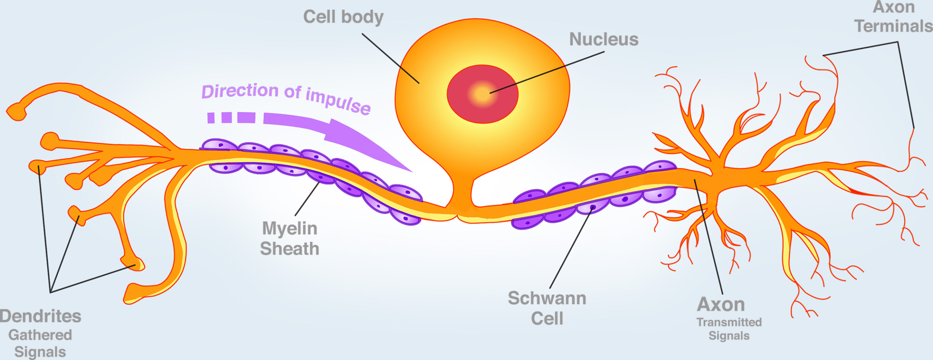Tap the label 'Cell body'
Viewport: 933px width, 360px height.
coord(343,17)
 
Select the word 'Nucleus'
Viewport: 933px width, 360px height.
coord(604,39)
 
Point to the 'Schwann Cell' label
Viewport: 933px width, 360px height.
coord(547,308)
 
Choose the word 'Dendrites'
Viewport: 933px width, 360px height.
coord(40,316)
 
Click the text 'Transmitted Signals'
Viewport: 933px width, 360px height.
coord(729,329)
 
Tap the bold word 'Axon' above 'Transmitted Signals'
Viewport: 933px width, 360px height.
coord(721,305)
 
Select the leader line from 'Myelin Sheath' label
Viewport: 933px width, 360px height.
coord(307,199)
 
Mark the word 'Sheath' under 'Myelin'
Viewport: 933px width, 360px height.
coord(290,249)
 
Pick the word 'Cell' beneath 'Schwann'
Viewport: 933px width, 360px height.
coord(547,318)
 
